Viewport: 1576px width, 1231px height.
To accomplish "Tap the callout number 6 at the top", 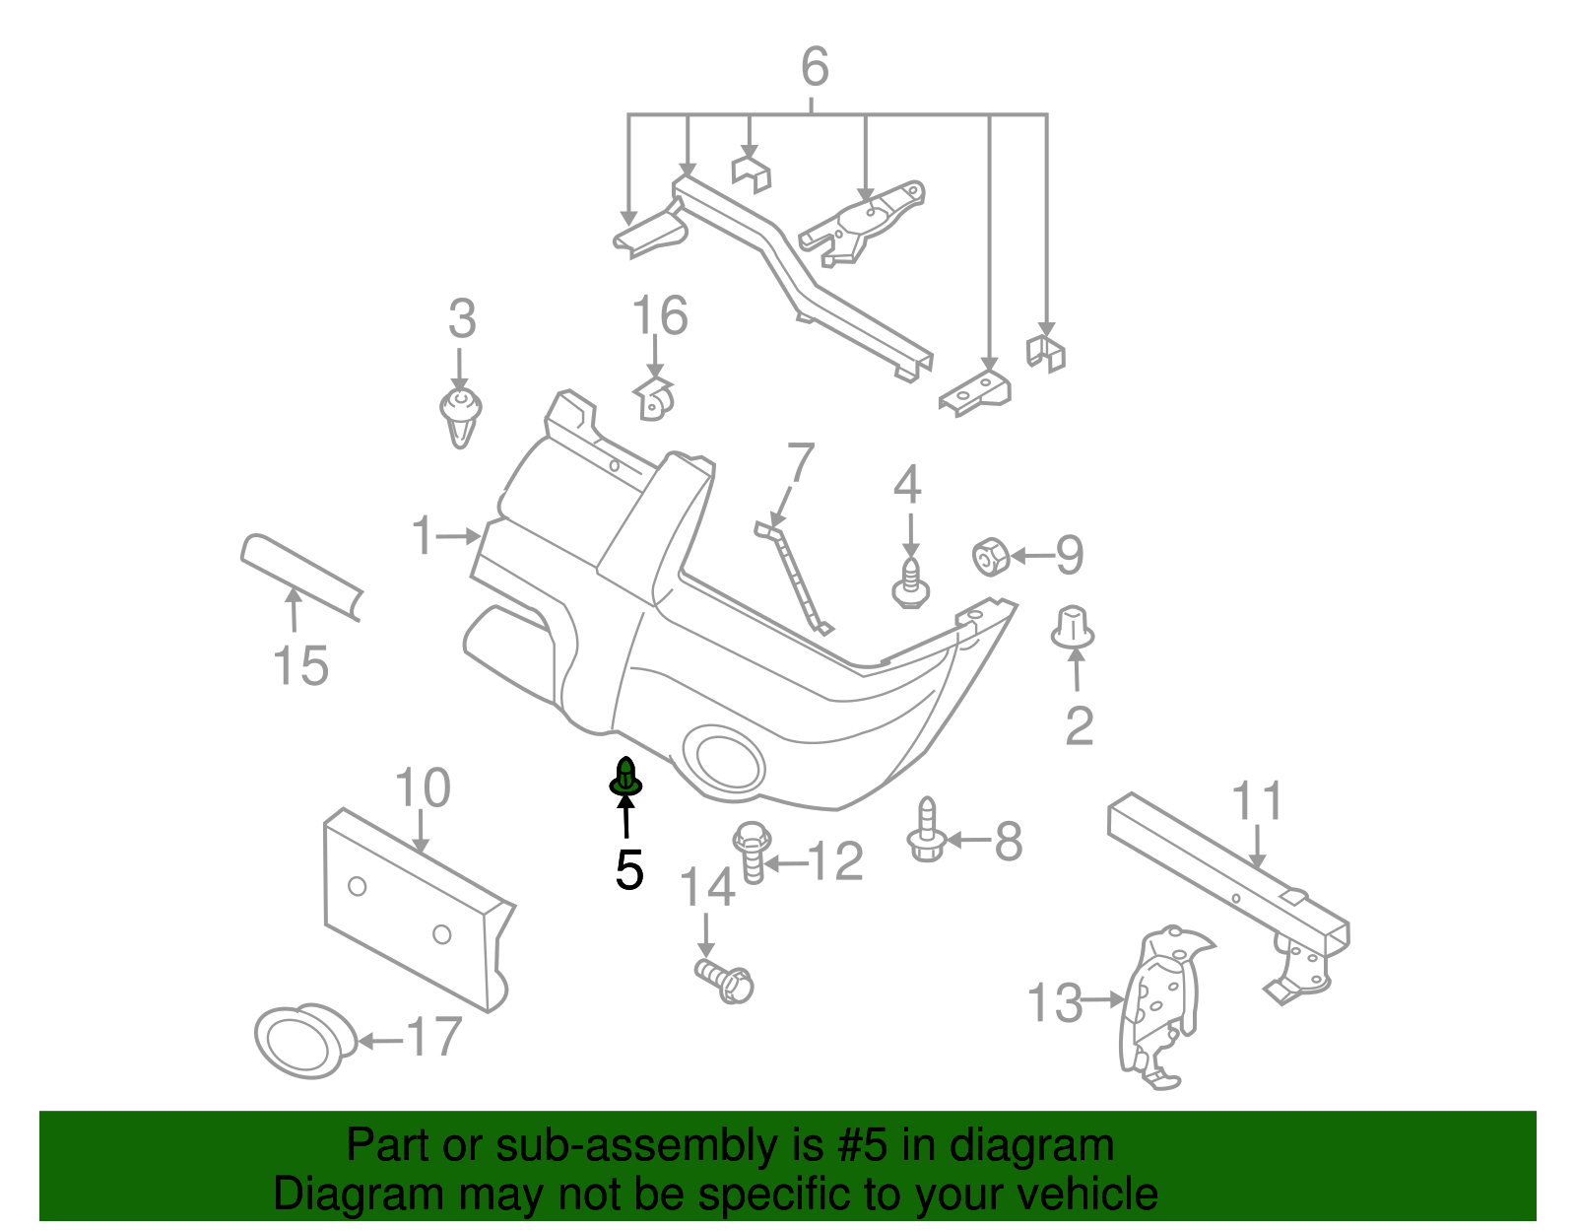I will (815, 67).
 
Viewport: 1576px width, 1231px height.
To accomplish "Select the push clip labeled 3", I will (460, 415).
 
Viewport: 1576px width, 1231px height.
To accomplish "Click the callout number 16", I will (659, 316).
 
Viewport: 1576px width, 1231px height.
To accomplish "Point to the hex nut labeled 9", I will (989, 557).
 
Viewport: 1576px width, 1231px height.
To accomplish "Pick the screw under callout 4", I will (911, 583).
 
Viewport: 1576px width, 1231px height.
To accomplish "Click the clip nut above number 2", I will (1073, 628).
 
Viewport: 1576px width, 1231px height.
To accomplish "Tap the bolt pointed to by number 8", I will (926, 832).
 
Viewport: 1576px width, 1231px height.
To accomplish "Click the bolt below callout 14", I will (725, 979).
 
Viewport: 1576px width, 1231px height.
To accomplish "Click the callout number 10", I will (423, 788).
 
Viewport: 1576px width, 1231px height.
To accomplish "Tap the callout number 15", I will (300, 665).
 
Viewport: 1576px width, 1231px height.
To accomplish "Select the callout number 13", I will (1054, 1002).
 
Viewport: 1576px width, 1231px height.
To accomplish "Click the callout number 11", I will (1258, 801).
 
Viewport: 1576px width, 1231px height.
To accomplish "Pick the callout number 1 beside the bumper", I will (423, 536).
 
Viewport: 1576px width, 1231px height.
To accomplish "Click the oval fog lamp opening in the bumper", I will (729, 760).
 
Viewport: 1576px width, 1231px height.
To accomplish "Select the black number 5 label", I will (628, 870).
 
